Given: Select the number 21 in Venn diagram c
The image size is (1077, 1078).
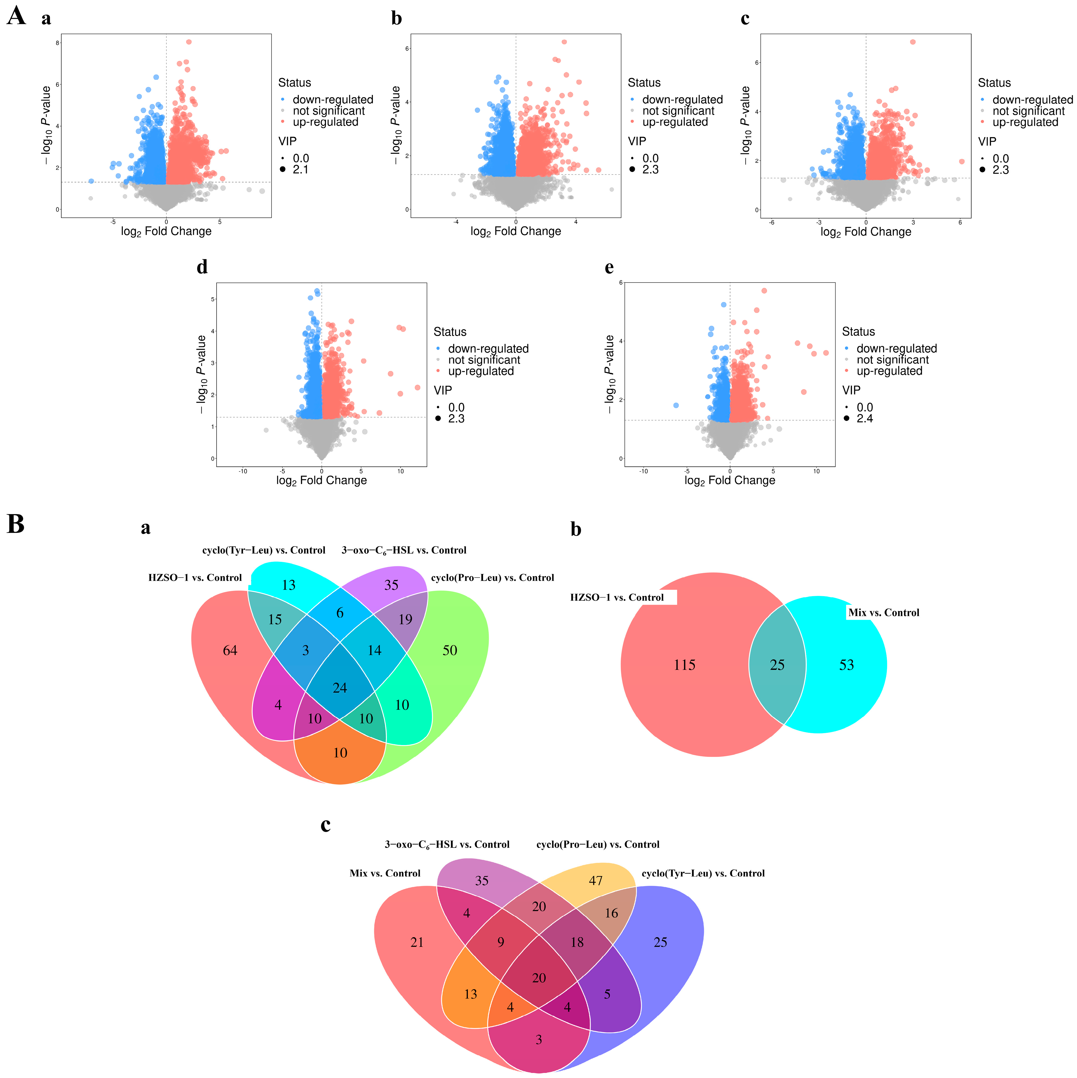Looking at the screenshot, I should tap(417, 942).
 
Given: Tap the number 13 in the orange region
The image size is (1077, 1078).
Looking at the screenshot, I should tap(470, 994).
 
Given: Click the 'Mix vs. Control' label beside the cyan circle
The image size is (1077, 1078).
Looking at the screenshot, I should tap(883, 613).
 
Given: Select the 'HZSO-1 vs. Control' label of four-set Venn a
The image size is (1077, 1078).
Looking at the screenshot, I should tap(195, 578).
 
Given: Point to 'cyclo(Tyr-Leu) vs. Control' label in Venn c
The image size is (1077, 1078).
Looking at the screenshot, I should tap(703, 873).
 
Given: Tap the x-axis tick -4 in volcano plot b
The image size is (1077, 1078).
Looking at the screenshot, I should tap(456, 222).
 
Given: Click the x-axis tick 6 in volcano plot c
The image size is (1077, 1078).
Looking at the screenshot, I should tap(960, 222).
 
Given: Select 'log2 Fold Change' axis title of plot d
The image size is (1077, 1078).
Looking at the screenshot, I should tap(321, 480).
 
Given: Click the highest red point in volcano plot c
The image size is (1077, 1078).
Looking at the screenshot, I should tap(912, 42).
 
